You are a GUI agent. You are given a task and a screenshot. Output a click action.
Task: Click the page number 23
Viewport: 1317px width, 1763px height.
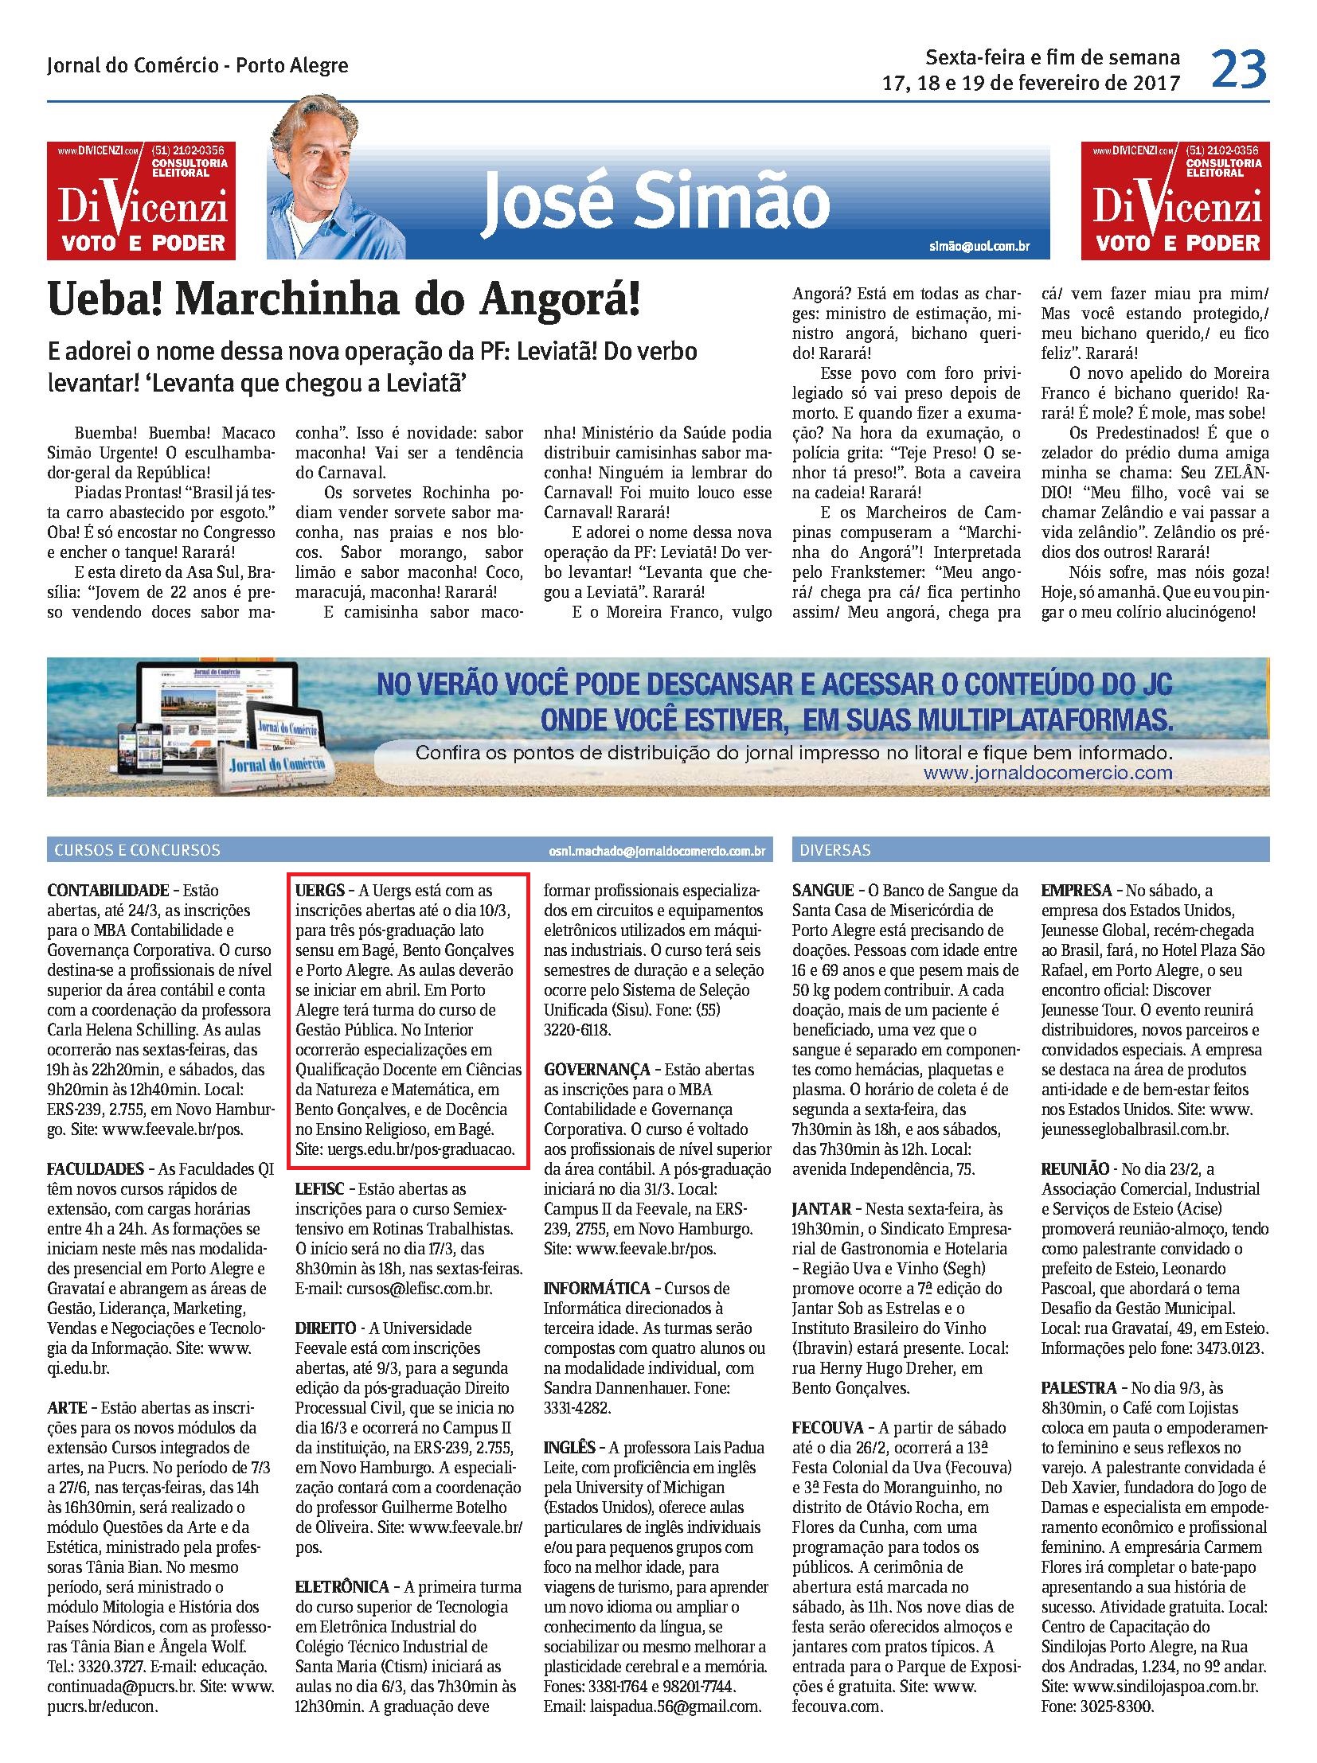1239,69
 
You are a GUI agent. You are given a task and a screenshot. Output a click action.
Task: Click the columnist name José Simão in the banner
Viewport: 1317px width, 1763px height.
655,203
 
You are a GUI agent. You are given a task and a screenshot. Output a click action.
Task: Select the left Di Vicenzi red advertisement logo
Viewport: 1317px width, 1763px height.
141,201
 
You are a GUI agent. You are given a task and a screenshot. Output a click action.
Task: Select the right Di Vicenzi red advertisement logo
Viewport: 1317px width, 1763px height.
1175,201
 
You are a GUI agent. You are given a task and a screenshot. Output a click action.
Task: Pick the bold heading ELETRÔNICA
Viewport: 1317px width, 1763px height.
342,1587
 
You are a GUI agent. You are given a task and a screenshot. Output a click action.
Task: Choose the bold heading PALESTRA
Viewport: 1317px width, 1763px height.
1076,1387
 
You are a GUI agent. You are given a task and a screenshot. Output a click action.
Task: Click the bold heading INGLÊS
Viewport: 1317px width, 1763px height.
569,1447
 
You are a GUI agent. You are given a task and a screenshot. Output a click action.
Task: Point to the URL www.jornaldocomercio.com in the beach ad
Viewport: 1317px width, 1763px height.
1048,772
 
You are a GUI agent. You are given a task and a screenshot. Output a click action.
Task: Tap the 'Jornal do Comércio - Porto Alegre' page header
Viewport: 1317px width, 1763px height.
197,65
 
